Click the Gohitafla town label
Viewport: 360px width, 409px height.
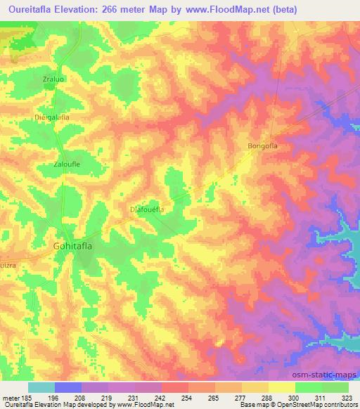tap(78, 246)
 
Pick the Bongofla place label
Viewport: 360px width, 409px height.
tap(264, 146)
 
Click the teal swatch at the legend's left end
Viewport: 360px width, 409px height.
tap(41, 387)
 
